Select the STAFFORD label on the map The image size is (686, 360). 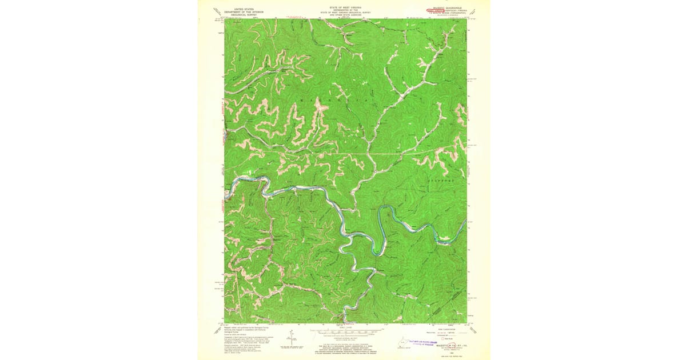(440, 181)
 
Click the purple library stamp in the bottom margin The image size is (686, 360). (424, 341)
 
